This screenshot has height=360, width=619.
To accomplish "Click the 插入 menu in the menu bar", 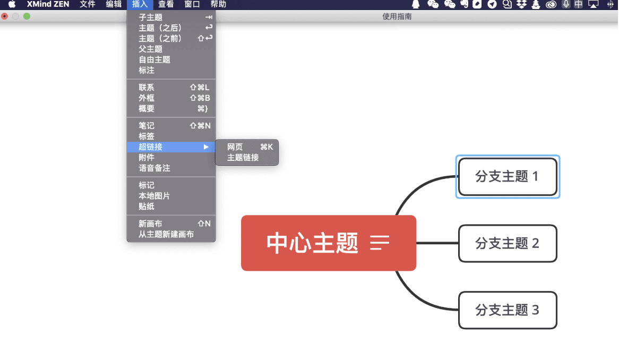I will (140, 4).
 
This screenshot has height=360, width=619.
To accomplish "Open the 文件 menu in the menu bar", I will (88, 4).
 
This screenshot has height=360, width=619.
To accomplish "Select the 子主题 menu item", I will (151, 18).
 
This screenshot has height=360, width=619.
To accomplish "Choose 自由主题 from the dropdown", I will (154, 60).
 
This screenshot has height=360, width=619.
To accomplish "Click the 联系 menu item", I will (147, 88).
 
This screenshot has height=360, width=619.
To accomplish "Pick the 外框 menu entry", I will (147, 98).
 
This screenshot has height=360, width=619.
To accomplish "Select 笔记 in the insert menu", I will (147, 126).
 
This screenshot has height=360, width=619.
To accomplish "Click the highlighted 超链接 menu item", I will (151, 147).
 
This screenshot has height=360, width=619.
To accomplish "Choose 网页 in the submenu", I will (235, 147).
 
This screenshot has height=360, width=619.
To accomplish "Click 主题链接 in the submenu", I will (243, 158).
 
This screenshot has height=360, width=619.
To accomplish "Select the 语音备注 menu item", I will (154, 168).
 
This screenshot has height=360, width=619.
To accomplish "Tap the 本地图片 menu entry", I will (154, 196).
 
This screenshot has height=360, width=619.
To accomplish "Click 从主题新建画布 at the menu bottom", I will (166, 234).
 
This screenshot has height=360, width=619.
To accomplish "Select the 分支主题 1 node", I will (508, 177).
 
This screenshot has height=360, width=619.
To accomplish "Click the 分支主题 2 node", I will (508, 243).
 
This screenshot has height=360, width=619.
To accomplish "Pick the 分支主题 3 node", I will (508, 310).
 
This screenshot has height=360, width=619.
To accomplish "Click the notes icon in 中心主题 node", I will (380, 243).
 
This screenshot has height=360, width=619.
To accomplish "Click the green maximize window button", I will (27, 16).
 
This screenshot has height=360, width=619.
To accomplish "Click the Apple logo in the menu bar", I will (12, 4).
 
